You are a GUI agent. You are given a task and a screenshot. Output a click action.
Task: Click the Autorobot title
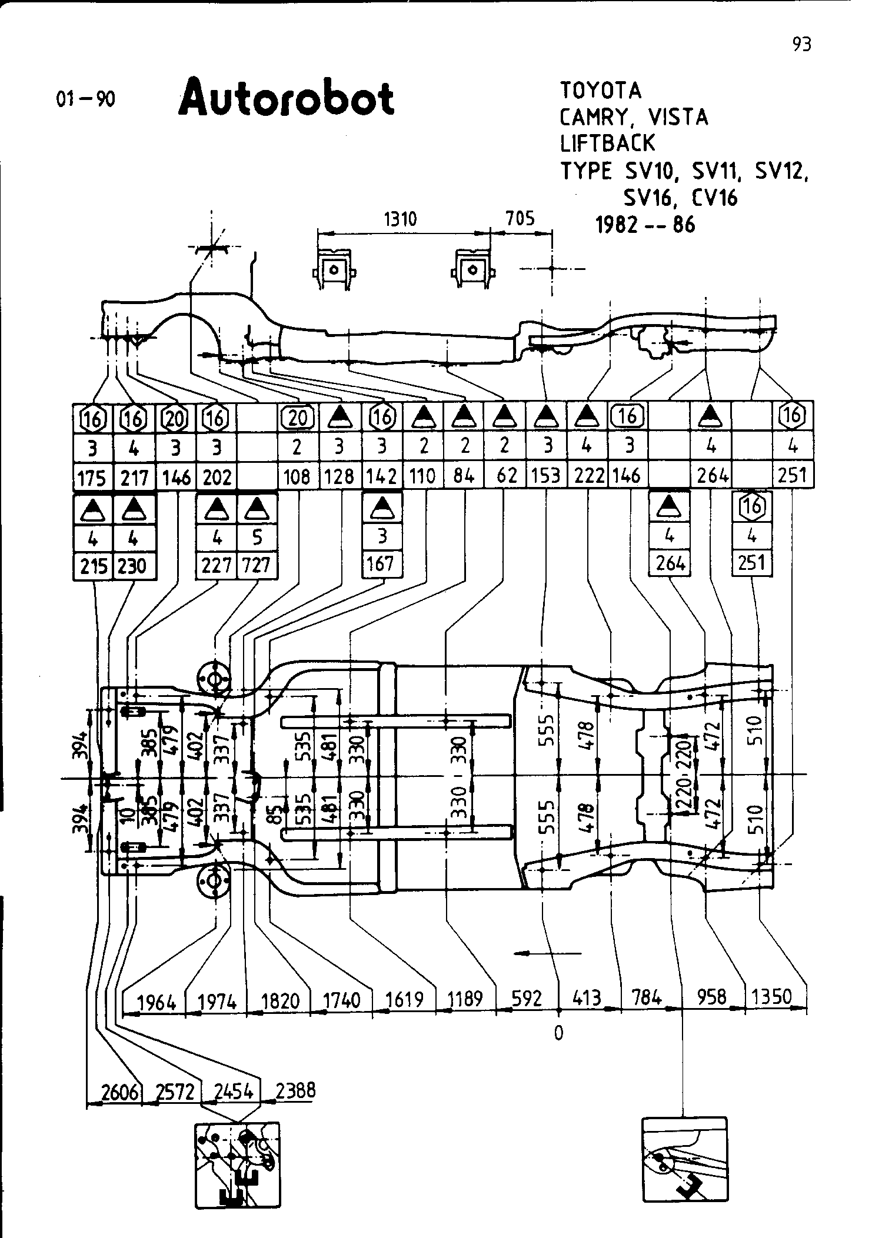[x=286, y=99]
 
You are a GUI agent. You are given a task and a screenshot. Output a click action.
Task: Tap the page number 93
[x=801, y=44]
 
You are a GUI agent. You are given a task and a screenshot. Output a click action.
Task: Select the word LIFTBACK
[x=607, y=143]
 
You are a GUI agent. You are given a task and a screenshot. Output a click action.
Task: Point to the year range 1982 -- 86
[x=645, y=225]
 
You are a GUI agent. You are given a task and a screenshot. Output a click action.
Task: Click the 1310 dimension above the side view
[x=400, y=219]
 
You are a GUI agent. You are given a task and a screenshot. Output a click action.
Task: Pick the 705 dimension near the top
[x=521, y=219]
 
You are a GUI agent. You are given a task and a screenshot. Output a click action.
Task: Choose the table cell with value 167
[x=381, y=564]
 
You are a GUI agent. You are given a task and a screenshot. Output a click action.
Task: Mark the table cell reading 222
[x=587, y=475]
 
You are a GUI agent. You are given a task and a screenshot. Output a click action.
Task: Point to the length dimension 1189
[x=465, y=999]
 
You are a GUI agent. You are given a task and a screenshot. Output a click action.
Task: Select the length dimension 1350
[x=773, y=997]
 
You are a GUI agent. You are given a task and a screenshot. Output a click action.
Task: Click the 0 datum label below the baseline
[x=558, y=1033]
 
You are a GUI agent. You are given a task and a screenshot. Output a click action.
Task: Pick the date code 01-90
[x=85, y=99]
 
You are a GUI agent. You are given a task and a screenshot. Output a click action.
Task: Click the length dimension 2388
[x=295, y=1091]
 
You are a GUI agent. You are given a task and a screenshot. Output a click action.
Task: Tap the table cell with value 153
[x=545, y=475]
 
